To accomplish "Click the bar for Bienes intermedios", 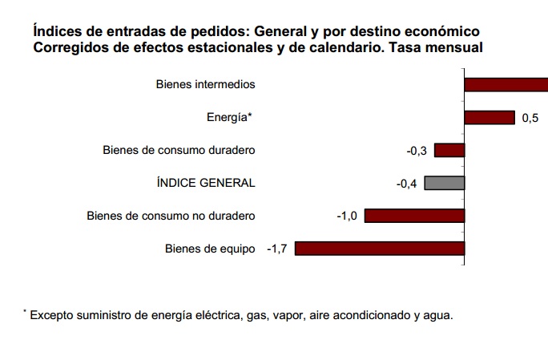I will (506, 84).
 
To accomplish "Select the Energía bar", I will (490, 117).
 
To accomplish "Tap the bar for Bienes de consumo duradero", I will (449, 150).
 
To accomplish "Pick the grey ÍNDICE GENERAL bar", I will (445, 183).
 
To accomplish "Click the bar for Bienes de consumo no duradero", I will (415, 215).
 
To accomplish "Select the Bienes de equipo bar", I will (380, 248).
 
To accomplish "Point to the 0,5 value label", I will (530, 118).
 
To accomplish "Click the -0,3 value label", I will (417, 150).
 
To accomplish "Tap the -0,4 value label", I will (407, 184).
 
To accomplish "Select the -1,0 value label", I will (348, 216).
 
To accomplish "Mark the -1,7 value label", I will (277, 249).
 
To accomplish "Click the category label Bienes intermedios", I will (205, 84).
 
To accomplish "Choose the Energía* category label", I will (229, 117).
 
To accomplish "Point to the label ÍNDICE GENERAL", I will (206, 183).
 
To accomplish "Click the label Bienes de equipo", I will (210, 248).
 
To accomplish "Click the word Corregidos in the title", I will (71, 48).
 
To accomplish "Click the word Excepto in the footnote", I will (54, 315).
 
